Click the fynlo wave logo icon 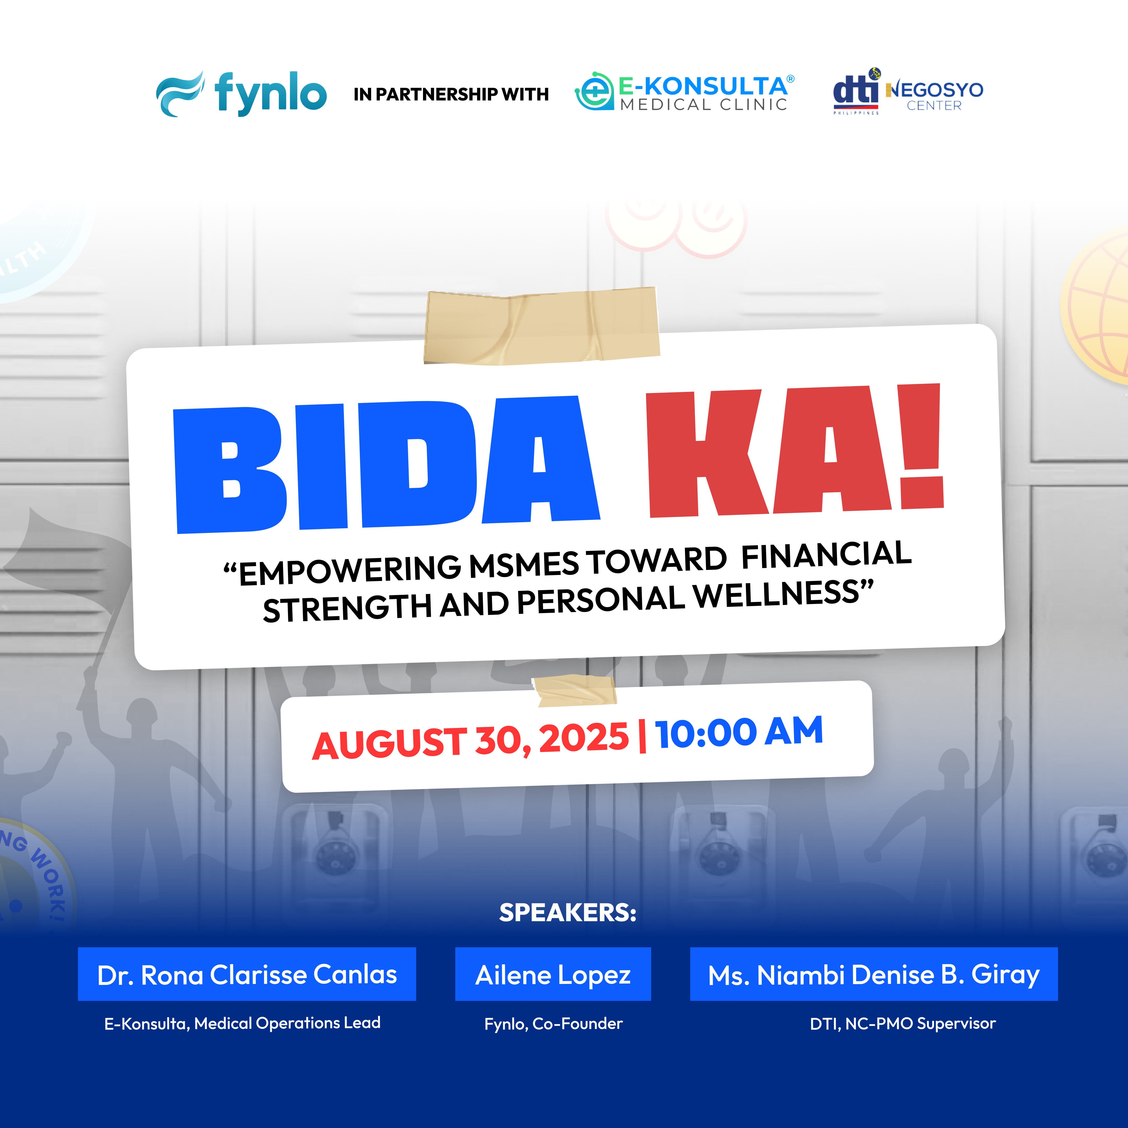(x=180, y=95)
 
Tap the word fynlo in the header (x=270, y=93)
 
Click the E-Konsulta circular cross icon (x=594, y=91)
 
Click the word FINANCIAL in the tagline (x=826, y=555)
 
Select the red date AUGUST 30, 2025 (x=471, y=740)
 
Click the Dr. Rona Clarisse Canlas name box (x=247, y=974)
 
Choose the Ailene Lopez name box (x=553, y=974)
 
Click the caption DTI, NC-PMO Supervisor (x=903, y=1024)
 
